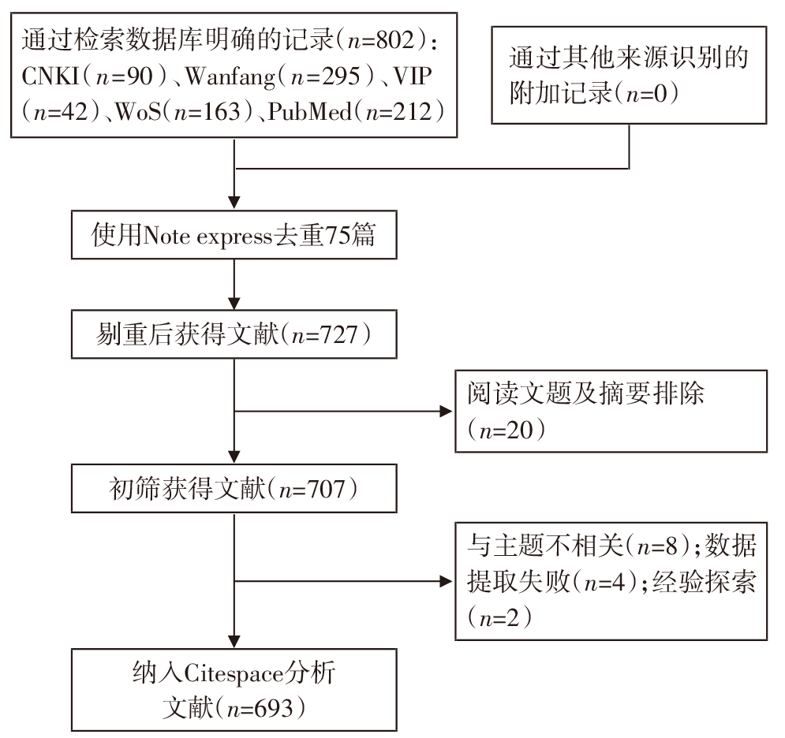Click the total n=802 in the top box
pos(381,40)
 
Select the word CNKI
pos(50,76)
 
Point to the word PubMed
pos(310,111)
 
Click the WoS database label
pos(139,112)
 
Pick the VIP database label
pos(412,76)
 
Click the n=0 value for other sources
pos(646,93)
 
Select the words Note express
pos(207,236)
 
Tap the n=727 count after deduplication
pos(325,335)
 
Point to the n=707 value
pos(312,489)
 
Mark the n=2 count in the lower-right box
pos(499,619)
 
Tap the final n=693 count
pos(260,709)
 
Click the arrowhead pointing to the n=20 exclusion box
pos(446,412)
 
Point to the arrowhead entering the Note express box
pos(234,203)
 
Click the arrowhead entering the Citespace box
pos(234,642)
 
